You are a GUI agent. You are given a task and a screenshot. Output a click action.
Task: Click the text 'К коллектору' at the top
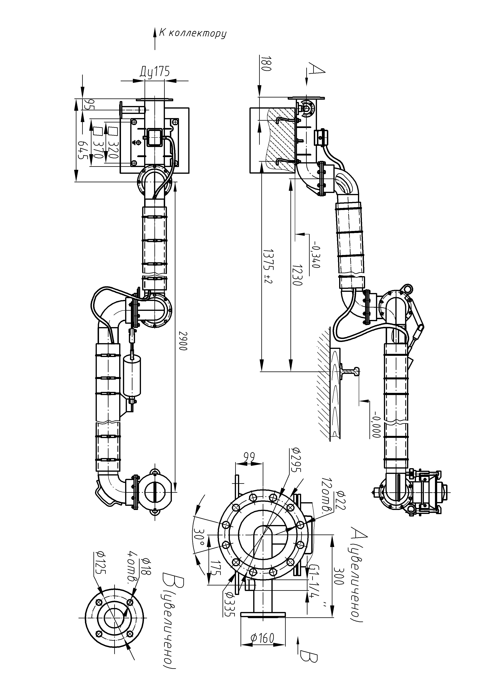[193, 33]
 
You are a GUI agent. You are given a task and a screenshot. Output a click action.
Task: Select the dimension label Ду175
[155, 72]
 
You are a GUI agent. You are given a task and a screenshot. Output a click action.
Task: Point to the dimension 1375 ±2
[267, 266]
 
